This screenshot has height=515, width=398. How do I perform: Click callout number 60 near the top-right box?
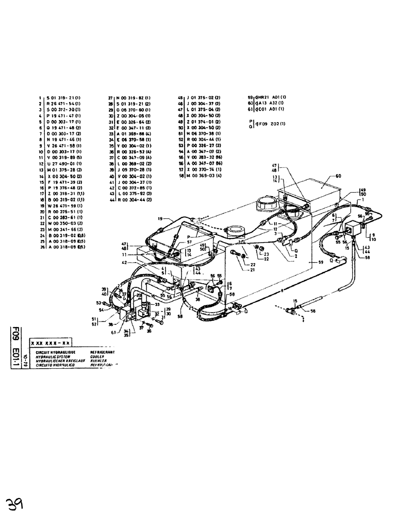339,176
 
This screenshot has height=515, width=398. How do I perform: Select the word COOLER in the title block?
97,356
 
